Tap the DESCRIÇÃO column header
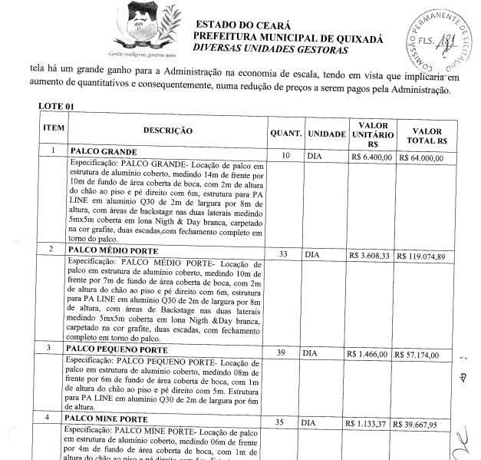click(168, 131)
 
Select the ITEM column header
click(52, 127)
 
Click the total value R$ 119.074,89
click(426, 256)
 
